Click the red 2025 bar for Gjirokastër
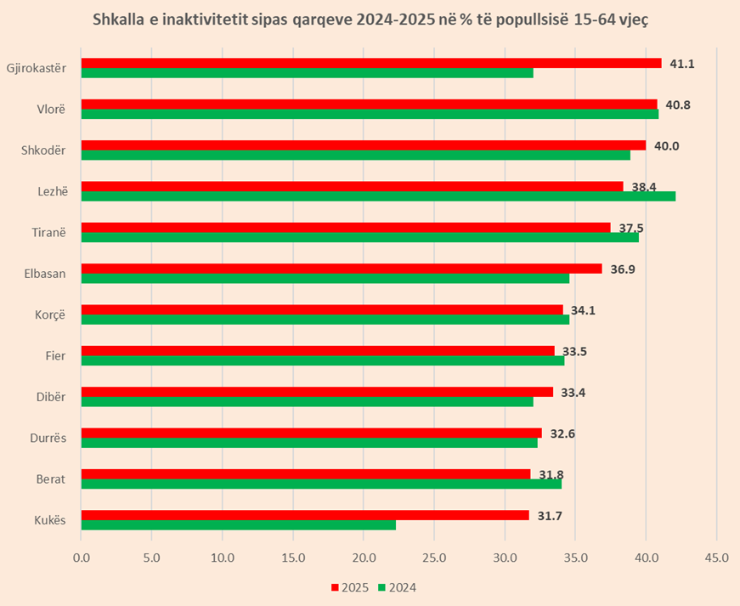tap(371, 63)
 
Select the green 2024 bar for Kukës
tap(239, 524)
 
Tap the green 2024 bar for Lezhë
tap(378, 196)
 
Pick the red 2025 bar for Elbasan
tap(342, 269)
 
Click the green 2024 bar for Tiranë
tap(359, 237)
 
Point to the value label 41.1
tap(682, 64)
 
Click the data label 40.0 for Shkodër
tap(666, 146)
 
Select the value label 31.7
tap(550, 516)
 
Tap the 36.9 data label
tap(623, 269)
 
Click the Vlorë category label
tap(52, 110)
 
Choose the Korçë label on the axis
tap(50, 315)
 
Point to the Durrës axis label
tap(48, 439)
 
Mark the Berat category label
tap(51, 479)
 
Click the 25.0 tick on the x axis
tap(434, 558)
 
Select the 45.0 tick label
tap(716, 558)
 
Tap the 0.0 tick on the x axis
tap(82, 558)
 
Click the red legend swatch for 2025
tap(335, 587)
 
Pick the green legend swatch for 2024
tap(381, 587)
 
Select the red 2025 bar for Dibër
tap(317, 392)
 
